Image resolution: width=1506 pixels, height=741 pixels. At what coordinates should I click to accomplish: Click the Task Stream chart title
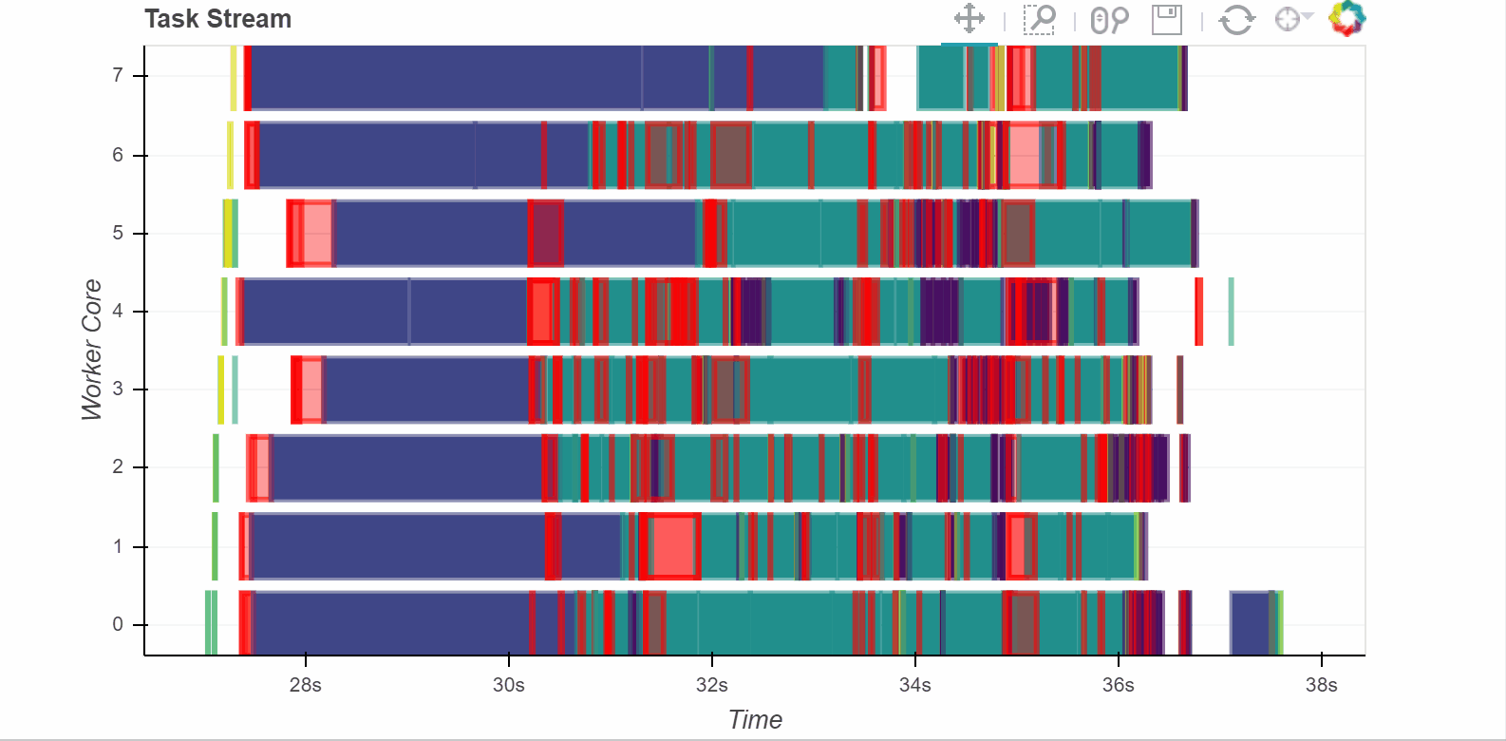(x=217, y=19)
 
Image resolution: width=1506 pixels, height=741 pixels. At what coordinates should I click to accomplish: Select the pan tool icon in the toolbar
(x=969, y=19)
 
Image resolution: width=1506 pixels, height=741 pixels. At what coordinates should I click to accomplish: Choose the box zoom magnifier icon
(x=1039, y=19)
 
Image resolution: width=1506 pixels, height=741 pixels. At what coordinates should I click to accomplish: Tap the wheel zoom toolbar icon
(x=1109, y=19)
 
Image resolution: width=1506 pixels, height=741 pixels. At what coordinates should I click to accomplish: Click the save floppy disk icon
(x=1166, y=19)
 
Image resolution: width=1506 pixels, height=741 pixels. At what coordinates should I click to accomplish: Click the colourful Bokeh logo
(x=1346, y=18)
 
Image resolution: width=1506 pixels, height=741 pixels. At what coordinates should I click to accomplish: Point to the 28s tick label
(x=306, y=685)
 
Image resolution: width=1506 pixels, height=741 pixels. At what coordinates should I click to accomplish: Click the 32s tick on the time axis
(x=712, y=685)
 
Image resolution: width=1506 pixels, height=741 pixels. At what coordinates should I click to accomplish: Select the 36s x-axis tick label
(x=1119, y=685)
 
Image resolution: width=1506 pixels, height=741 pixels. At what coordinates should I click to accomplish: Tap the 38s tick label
(x=1321, y=685)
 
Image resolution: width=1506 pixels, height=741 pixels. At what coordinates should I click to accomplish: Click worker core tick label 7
(x=118, y=75)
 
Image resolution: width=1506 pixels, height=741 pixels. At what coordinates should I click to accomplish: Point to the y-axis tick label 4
(x=118, y=311)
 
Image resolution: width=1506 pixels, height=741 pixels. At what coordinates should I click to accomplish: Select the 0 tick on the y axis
(x=118, y=624)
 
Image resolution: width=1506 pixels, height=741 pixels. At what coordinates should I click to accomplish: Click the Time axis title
(x=755, y=720)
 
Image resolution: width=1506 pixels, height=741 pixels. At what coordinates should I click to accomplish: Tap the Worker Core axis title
(x=91, y=349)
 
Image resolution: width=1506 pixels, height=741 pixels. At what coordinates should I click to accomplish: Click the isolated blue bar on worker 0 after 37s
(x=1251, y=623)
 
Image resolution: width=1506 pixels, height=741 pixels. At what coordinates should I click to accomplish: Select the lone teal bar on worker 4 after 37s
(x=1232, y=312)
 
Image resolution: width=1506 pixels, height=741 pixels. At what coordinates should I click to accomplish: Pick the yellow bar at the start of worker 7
(x=234, y=78)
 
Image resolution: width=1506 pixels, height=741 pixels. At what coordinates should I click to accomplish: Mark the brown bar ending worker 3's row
(x=1180, y=389)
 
